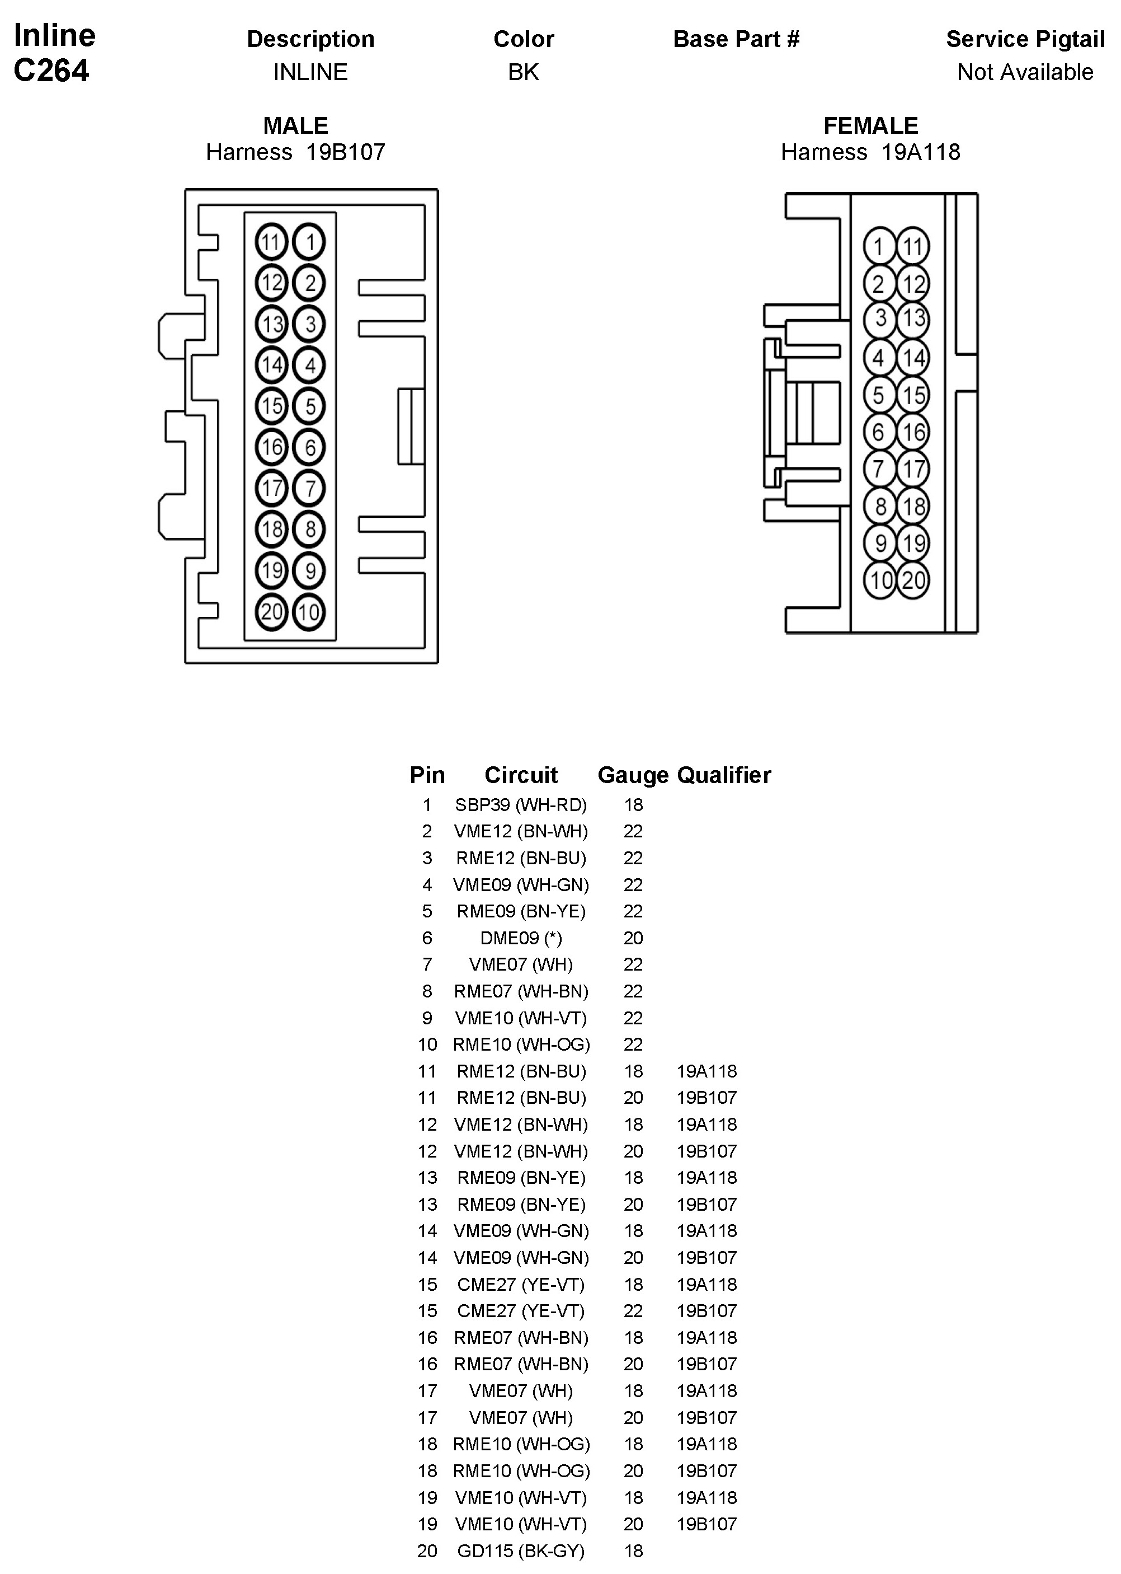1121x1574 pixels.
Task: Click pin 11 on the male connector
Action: [x=271, y=242]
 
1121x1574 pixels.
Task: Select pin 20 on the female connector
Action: [x=913, y=579]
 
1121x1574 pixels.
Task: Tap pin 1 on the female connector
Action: [x=879, y=246]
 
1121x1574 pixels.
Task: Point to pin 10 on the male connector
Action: [x=309, y=612]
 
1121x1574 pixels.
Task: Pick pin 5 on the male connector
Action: [x=309, y=406]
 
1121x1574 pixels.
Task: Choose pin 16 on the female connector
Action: [x=913, y=432]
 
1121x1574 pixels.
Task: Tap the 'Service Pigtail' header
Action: [x=1025, y=39]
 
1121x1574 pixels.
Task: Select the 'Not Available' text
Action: [x=1025, y=72]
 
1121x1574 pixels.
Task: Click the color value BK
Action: [x=523, y=72]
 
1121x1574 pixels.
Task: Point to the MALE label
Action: [x=295, y=126]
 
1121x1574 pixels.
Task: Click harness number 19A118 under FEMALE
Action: [x=920, y=152]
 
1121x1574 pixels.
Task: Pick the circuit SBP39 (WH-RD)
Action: [x=520, y=804]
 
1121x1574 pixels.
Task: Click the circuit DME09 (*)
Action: [x=520, y=938]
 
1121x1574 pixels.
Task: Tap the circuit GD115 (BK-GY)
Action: [x=520, y=1551]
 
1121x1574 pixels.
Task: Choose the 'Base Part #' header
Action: [x=736, y=39]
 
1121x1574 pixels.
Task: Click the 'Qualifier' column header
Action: [x=723, y=775]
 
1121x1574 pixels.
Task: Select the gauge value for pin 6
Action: [x=633, y=938]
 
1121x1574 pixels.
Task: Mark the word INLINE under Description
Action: [x=310, y=72]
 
